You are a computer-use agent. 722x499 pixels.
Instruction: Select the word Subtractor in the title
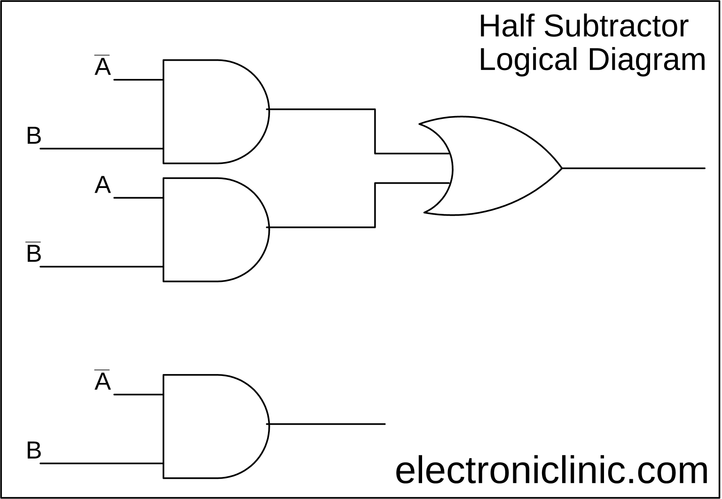pos(616,26)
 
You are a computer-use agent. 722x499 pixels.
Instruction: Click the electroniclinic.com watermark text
pos(551,471)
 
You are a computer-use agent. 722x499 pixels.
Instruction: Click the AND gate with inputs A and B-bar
pos(212,230)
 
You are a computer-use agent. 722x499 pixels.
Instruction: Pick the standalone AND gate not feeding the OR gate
pos(212,426)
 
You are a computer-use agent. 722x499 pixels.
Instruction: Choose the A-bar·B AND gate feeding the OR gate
pos(212,112)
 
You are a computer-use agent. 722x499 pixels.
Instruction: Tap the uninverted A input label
pos(102,185)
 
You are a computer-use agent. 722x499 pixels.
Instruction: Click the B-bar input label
pos(33,253)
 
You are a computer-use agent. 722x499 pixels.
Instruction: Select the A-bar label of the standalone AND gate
pos(102,381)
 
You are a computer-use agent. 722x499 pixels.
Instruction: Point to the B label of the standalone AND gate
pos(33,450)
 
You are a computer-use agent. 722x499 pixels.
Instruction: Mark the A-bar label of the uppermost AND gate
pos(102,66)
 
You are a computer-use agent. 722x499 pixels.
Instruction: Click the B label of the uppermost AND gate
pos(33,136)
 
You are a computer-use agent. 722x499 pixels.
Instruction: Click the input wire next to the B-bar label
pos(101,266)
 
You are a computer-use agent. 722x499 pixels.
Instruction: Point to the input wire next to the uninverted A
pos(139,198)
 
